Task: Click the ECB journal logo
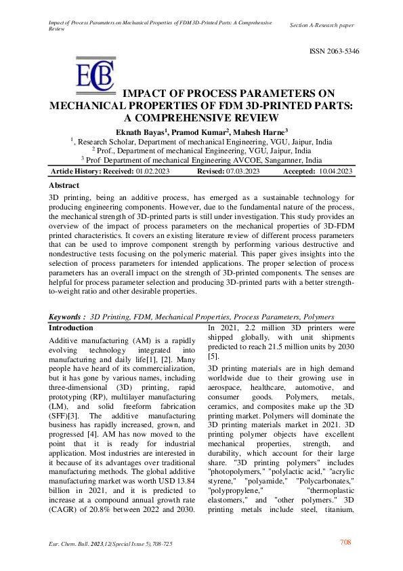coord(94,79)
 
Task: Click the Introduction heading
coord(71,328)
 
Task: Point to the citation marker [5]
coord(212,356)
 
